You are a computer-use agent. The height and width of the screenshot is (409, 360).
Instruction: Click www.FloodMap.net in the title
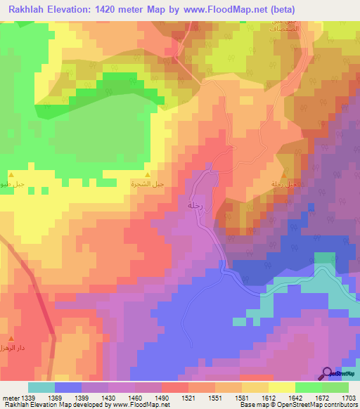coord(227,9)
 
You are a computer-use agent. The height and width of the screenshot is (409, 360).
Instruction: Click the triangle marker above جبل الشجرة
coord(147,174)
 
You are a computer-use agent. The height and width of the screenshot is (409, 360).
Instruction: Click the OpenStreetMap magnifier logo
coord(328,374)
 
